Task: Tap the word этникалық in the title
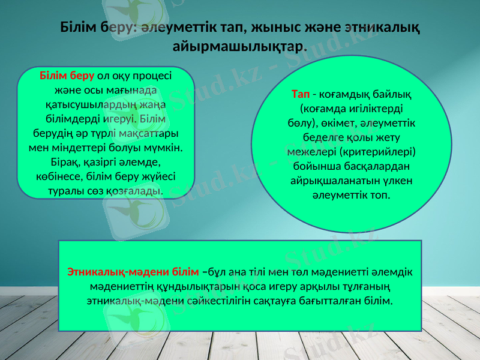(383, 28)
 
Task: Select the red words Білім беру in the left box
(67, 76)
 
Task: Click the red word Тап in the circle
(300, 94)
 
